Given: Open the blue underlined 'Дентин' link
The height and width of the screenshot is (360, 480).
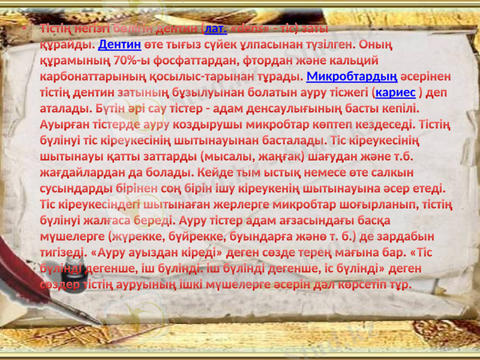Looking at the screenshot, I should pyautogui.click(x=119, y=44).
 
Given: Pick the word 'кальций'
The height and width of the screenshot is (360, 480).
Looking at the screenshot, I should pyautogui.click(x=353, y=61).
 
